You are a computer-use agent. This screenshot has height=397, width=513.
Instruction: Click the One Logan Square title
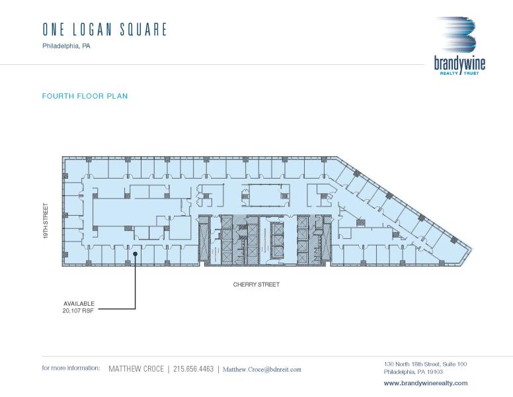[104, 30]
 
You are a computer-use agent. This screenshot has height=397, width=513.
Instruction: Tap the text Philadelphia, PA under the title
[66, 46]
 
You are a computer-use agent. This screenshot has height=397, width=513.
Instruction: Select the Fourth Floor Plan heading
[85, 96]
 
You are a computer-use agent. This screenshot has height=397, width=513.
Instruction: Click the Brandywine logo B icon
[457, 34]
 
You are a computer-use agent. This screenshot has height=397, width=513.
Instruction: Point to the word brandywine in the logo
[459, 64]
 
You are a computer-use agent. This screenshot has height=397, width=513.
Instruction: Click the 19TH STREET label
[46, 221]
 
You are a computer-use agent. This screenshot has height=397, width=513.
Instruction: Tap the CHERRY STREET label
[256, 285]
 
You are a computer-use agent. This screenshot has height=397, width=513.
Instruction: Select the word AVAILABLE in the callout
[79, 304]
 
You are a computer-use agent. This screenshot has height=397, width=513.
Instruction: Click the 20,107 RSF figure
[78, 310]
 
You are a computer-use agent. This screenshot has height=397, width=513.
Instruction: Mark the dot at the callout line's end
[135, 253]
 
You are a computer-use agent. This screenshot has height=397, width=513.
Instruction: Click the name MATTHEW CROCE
[136, 369]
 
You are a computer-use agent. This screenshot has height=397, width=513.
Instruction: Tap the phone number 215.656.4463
[193, 369]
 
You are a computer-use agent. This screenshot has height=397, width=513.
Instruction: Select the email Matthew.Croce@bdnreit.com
[262, 369]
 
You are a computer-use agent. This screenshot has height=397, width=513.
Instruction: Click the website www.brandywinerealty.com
[426, 383]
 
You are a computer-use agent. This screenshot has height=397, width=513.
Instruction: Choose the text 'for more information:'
[71, 368]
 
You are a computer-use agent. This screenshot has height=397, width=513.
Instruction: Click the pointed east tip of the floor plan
[471, 249]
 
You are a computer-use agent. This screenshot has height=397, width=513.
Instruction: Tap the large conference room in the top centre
[265, 195]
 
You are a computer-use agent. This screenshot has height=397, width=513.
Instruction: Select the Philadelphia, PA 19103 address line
[413, 372]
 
